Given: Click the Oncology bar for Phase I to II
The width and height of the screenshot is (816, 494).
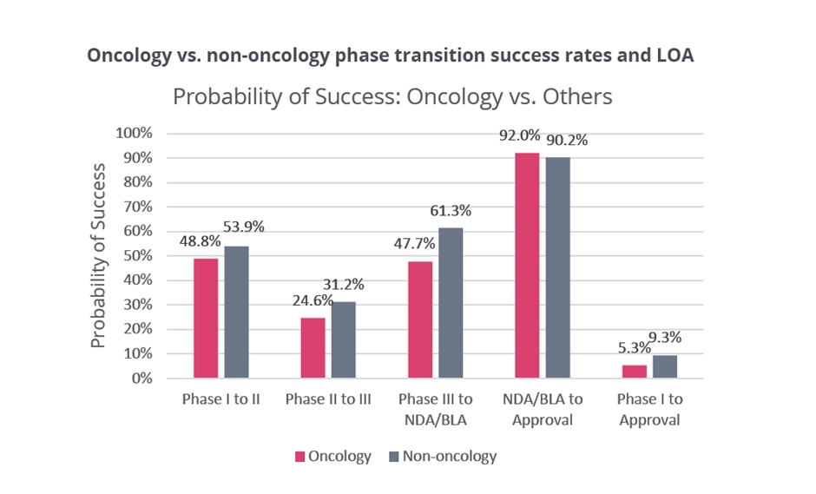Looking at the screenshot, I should tap(206, 318).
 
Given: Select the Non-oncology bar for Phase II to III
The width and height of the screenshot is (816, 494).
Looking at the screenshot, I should tap(343, 339).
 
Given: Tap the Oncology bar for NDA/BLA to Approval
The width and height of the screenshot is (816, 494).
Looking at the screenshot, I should tap(527, 265).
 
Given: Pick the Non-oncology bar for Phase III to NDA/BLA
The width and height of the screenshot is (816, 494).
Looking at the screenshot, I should tap(451, 302).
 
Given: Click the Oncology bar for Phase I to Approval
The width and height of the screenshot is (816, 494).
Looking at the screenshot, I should tap(635, 371).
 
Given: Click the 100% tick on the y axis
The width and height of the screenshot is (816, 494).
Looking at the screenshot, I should tap(134, 134).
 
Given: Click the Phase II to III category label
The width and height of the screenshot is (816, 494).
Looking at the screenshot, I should tap(327, 400).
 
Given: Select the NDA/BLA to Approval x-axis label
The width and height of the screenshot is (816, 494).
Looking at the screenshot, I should tap(543, 410).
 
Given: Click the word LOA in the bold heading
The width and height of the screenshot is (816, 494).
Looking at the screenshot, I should tap(672, 55).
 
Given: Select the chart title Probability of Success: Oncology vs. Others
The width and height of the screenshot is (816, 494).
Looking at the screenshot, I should tap(392, 96).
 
